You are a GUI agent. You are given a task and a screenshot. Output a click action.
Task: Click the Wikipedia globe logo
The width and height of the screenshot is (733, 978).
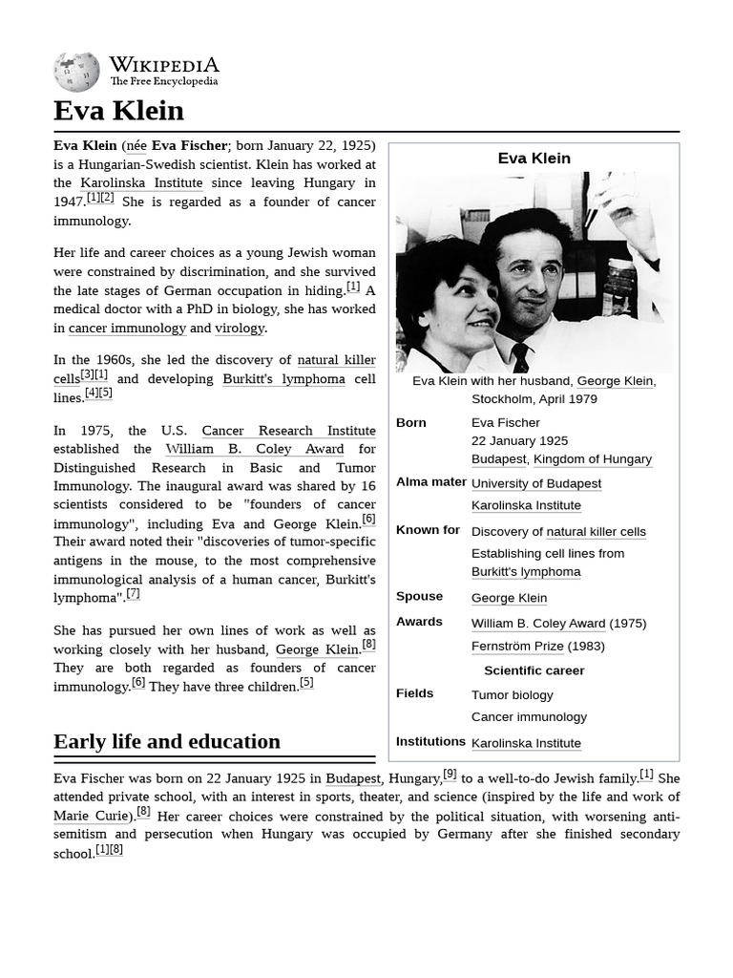coord(76,72)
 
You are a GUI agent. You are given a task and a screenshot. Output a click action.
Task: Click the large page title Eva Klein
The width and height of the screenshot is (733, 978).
coord(118,111)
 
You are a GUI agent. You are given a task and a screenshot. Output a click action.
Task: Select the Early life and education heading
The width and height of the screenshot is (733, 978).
coord(167,742)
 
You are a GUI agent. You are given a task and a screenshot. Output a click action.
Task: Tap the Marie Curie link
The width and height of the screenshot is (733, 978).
coord(91,816)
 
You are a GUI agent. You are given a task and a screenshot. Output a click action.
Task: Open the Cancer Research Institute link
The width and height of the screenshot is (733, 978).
coord(288,431)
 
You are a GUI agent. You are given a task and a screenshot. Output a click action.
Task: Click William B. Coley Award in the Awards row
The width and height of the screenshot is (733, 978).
coord(537,624)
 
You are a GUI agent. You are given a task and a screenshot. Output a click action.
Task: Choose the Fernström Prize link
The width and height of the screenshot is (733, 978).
coord(517,647)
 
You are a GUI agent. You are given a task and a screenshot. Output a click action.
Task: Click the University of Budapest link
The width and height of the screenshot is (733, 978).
coord(535,484)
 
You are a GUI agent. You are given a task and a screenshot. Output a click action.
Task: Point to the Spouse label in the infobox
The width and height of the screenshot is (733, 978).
coord(419,596)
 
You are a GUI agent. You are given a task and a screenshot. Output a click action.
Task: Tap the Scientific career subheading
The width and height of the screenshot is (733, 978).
coord(534,670)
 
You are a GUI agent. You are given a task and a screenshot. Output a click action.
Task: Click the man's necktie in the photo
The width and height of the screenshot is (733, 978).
coord(520,357)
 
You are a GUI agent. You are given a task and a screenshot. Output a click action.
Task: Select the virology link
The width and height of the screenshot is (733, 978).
coord(240,329)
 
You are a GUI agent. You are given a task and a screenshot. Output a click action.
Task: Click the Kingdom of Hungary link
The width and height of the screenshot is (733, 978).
coord(592,459)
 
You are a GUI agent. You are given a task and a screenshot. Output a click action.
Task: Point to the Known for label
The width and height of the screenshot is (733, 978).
coord(428,530)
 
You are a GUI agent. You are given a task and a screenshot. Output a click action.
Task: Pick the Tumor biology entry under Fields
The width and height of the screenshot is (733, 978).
coord(512,695)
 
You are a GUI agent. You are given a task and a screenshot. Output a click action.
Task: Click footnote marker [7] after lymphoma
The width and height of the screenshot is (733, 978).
coord(133,593)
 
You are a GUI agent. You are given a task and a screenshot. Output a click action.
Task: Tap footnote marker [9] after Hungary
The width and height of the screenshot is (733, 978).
coord(450,775)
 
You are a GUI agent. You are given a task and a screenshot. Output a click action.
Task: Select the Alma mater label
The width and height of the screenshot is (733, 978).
coord(431,482)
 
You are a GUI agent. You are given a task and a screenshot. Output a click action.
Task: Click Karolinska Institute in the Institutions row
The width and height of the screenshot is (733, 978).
coord(526,743)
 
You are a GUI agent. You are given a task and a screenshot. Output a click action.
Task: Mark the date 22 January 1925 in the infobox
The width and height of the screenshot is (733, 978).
coord(519,441)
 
